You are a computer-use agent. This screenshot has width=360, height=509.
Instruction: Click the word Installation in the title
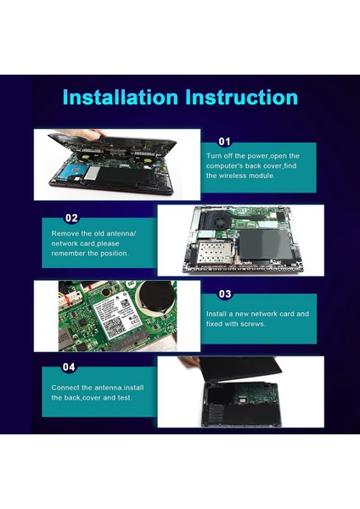pyautogui.click(x=121, y=97)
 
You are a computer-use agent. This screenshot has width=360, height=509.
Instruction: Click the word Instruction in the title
pyautogui.click(x=241, y=97)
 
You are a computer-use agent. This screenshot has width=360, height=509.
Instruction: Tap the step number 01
pyautogui.click(x=224, y=142)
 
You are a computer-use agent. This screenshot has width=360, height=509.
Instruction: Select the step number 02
pyautogui.click(x=71, y=218)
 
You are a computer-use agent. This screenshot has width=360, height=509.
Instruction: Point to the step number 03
pyautogui.click(x=225, y=294)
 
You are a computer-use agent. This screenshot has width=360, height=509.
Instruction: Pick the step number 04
pyautogui.click(x=69, y=367)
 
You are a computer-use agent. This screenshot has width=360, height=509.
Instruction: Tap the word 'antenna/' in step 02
pyautogui.click(x=121, y=233)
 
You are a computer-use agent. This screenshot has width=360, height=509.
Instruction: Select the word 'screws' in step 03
pyautogui.click(x=252, y=324)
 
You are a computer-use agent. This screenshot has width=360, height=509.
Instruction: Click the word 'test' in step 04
pyautogui.click(x=124, y=398)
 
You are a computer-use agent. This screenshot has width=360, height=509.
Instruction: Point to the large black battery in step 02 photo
pyautogui.click(x=266, y=244)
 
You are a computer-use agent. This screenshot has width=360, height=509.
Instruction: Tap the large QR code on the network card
pyautogui.click(x=115, y=327)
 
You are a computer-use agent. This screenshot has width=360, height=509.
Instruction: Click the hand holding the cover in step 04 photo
pyautogui.click(x=189, y=361)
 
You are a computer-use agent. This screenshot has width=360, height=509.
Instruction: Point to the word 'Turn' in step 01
pyautogui.click(x=214, y=156)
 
